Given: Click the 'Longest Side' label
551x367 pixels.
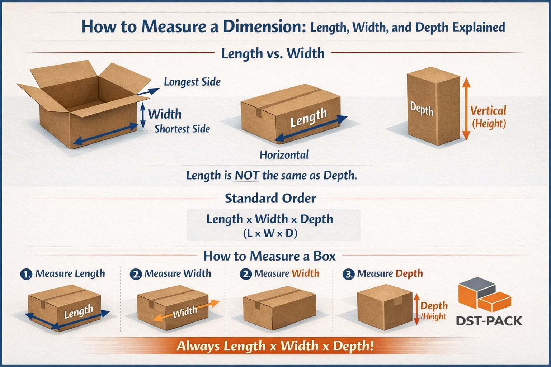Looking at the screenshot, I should [x=192, y=82].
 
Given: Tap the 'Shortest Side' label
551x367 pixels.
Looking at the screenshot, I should [x=182, y=129].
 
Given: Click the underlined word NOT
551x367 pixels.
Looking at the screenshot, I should [x=247, y=175].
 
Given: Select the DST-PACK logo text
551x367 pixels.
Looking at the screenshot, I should [x=489, y=321].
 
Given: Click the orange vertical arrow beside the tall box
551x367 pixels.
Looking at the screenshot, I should [x=466, y=109].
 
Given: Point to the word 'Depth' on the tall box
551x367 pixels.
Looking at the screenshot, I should [x=422, y=109].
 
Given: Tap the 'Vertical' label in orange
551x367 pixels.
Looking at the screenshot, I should [x=488, y=110].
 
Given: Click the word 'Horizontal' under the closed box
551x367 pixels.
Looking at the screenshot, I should [x=284, y=155].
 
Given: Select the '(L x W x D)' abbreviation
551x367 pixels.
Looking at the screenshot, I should [x=270, y=234].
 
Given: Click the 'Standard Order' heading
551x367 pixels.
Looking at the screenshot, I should [x=270, y=198].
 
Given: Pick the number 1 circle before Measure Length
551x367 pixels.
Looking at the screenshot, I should [x=26, y=274].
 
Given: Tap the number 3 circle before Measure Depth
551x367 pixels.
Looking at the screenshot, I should [x=348, y=275].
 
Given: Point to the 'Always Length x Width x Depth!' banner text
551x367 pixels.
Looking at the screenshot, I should [x=275, y=346].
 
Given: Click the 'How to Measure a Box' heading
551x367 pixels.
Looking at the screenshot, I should [x=269, y=256].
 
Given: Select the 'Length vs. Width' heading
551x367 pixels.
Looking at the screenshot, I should [x=273, y=53].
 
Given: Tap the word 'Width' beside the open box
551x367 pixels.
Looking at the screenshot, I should [x=165, y=114].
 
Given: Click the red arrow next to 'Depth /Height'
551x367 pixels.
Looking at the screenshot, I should [x=416, y=309].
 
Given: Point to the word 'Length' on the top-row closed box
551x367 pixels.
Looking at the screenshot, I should [x=309, y=118].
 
